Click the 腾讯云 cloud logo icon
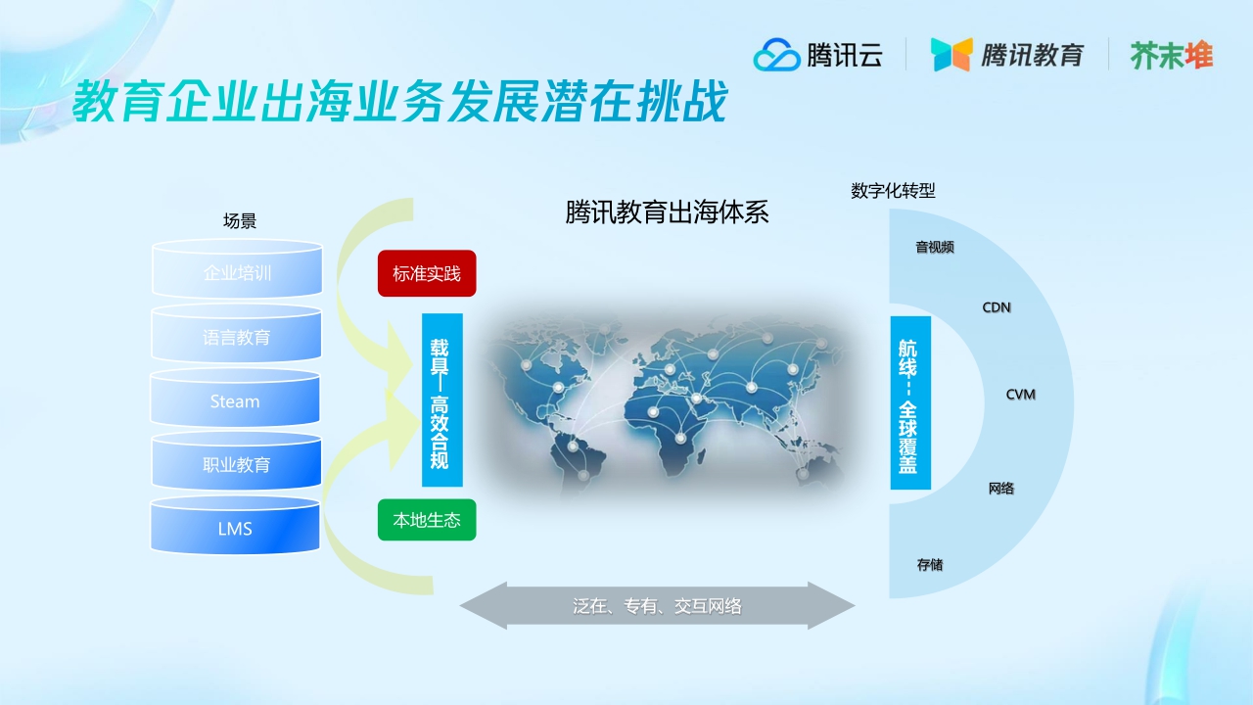pyautogui.click(x=776, y=55)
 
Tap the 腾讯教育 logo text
pyautogui.click(x=1032, y=55)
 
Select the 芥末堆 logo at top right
pyautogui.click(x=1172, y=55)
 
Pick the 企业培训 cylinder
pyautogui.click(x=237, y=272)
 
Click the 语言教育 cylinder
pyautogui.click(x=237, y=337)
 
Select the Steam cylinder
pyautogui.click(x=235, y=401)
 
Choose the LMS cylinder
pyautogui.click(x=235, y=529)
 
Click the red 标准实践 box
pyautogui.click(x=427, y=273)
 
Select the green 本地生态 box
pyautogui.click(x=427, y=520)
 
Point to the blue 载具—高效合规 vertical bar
pyautogui.click(x=441, y=399)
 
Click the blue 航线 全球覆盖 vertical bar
pyautogui.click(x=909, y=402)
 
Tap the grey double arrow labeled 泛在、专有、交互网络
pyautogui.click(x=657, y=606)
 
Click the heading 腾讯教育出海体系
pyautogui.click(x=667, y=213)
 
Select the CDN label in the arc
pyautogui.click(x=997, y=307)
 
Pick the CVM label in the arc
pyautogui.click(x=1020, y=395)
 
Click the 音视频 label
pyautogui.click(x=934, y=248)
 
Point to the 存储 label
pyautogui.click(x=929, y=565)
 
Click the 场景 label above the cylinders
pyautogui.click(x=240, y=221)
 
